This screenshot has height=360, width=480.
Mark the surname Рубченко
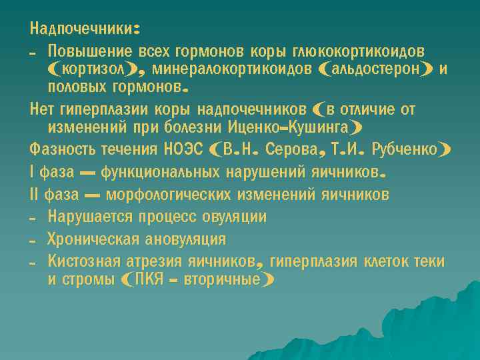404,149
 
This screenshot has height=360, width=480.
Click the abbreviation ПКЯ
149,279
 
